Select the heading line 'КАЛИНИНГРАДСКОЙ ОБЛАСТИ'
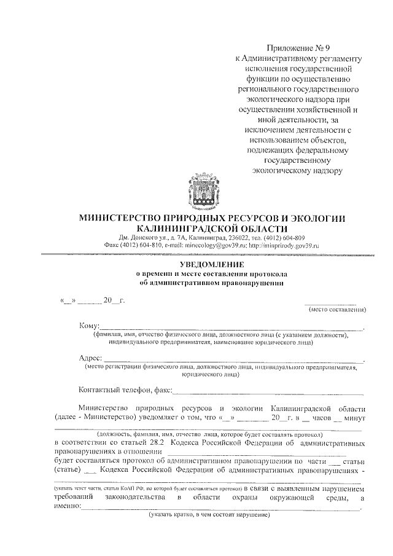[x=208, y=228]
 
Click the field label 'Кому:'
[x=89, y=326]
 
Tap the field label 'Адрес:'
[x=91, y=359]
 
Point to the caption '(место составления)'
[x=337, y=309]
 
